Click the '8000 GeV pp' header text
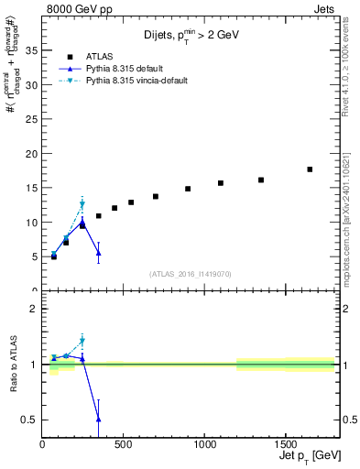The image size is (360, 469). pyautogui.click(x=75, y=8)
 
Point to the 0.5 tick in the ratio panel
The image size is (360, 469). pyautogui.click(x=28, y=420)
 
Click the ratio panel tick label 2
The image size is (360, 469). pyautogui.click(x=33, y=309)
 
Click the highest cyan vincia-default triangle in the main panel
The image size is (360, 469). pyautogui.click(x=82, y=204)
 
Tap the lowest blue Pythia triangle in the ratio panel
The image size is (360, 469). pyautogui.click(x=98, y=419)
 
